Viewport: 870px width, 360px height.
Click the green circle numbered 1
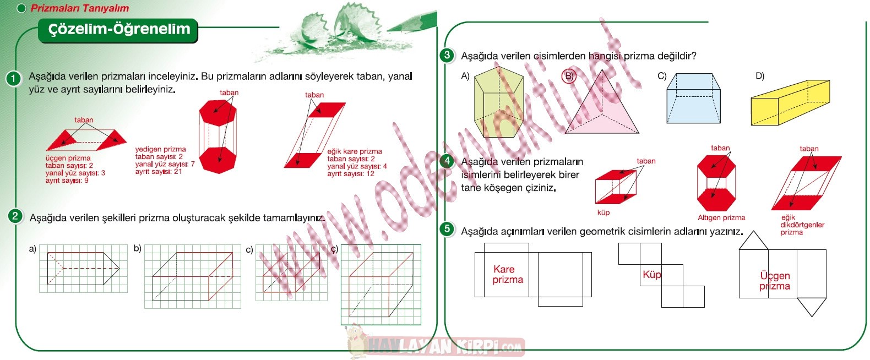coord(13,79)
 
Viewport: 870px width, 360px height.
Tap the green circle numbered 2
coord(15,216)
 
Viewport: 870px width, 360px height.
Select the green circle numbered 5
coord(447,229)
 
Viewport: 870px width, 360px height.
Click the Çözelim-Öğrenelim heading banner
coord(118,30)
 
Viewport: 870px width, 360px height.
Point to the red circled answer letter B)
coord(569,76)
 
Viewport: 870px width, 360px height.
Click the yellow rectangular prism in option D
coord(790,102)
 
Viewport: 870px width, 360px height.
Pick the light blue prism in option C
coord(693,98)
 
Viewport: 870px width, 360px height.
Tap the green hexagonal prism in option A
coord(499,102)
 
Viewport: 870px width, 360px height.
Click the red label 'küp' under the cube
coord(603,212)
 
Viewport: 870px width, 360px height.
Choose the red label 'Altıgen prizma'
coord(721,218)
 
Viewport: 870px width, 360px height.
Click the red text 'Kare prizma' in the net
coord(507,274)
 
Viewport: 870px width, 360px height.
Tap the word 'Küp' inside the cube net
coord(652,275)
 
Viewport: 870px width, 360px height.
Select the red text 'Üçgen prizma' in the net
coord(775,281)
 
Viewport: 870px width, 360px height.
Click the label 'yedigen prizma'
coord(160,149)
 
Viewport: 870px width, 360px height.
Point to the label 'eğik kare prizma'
coord(354,151)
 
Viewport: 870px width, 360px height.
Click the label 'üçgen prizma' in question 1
coord(68,158)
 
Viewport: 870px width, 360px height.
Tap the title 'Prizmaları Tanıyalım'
coord(80,8)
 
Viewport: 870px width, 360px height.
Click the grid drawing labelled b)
coord(193,276)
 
